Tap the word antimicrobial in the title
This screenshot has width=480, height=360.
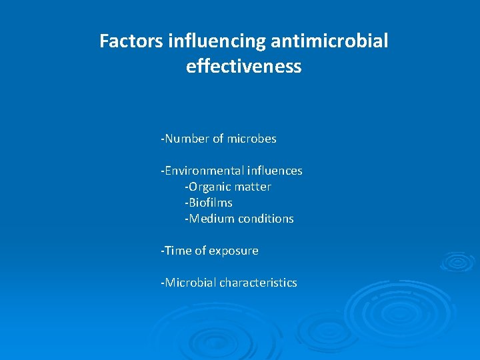coord(329,41)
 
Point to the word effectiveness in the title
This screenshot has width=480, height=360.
coord(244,67)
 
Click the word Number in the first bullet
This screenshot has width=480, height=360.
coord(187,139)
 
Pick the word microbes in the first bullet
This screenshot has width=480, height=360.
coord(251,139)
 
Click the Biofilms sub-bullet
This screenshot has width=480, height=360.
coord(209,203)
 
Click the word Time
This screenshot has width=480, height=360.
coord(178,251)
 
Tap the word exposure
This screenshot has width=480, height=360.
coord(233,251)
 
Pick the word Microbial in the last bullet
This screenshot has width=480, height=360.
coord(190,283)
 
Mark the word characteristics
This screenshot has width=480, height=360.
coord(258,283)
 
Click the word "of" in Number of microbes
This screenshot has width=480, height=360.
coord(218,139)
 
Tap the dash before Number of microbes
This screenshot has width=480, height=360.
coord(162,139)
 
